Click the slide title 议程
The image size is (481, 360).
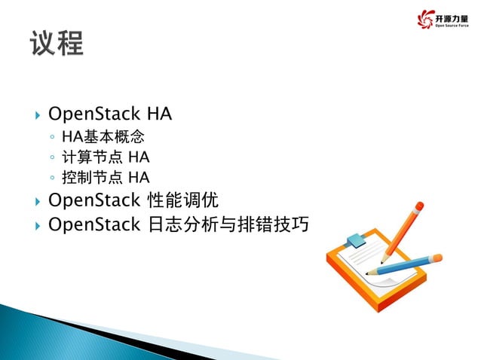click(57, 42)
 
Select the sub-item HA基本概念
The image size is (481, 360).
click(103, 138)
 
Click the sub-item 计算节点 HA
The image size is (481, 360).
click(106, 157)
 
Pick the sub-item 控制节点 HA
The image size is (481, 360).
click(106, 178)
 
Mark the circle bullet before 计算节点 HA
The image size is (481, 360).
click(51, 159)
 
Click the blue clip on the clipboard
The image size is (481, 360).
click(354, 242)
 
